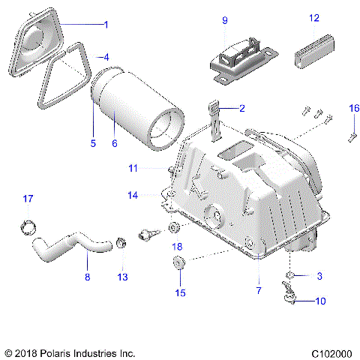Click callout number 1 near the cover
(106, 25)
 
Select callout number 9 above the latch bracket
(224, 21)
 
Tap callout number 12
(314, 16)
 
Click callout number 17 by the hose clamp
(28, 199)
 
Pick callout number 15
(179, 292)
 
